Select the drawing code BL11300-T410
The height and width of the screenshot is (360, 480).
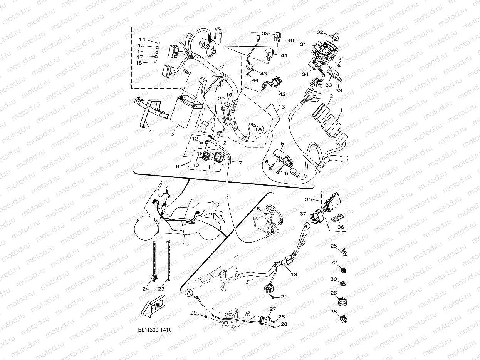point(155,330)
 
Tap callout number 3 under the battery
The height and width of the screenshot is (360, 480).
point(172,133)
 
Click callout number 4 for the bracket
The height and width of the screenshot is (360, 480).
point(150,131)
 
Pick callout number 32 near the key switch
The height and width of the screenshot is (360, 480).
point(320,32)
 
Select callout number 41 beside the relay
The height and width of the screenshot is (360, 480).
point(284,55)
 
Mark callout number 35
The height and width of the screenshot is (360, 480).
point(308,199)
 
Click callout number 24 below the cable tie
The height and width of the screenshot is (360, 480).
point(146,289)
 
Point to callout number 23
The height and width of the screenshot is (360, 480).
point(161,289)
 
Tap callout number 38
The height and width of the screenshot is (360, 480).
point(334,312)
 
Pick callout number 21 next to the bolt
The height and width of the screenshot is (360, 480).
point(284,296)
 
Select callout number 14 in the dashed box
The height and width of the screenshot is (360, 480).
point(142,39)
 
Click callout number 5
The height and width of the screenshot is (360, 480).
point(282,144)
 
